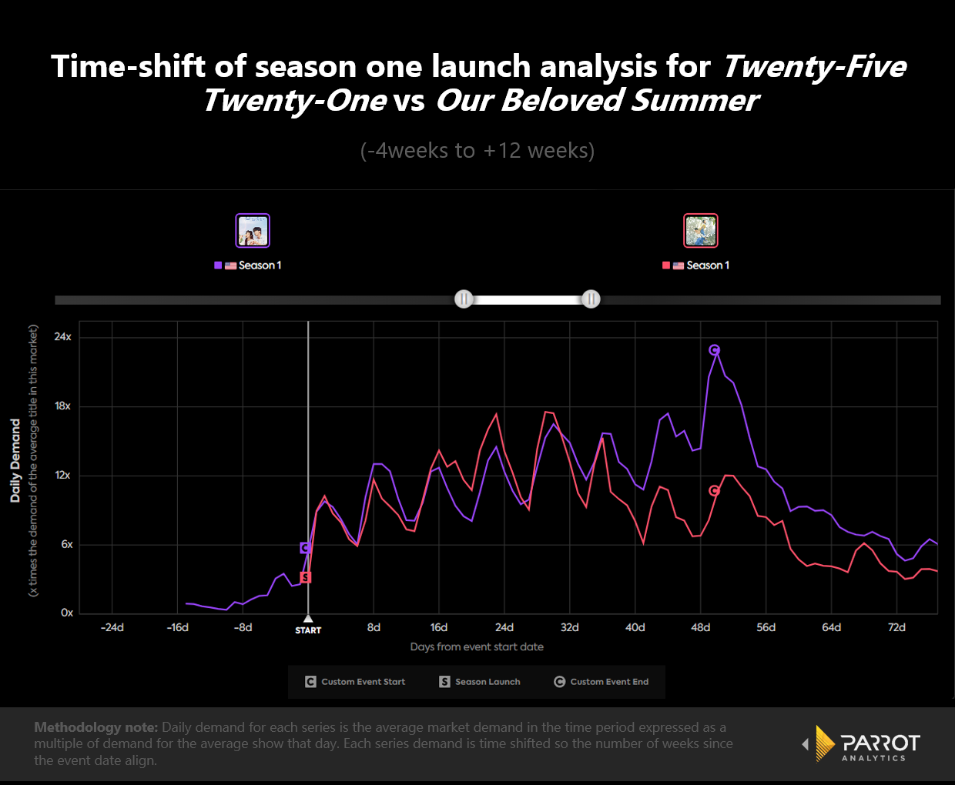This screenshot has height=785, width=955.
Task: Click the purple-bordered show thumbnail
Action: [x=253, y=231]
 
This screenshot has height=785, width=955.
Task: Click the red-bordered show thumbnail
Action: [x=701, y=231]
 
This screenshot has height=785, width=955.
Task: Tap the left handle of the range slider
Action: [x=464, y=299]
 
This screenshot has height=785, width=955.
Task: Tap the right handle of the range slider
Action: [x=591, y=299]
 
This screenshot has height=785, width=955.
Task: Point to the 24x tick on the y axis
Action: [x=63, y=337]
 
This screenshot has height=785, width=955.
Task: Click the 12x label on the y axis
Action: [x=63, y=476]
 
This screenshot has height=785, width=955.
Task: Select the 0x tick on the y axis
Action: [x=67, y=613]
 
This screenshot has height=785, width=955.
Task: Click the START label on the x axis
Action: [x=308, y=630]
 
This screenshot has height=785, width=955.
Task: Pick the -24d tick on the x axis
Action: [x=112, y=628]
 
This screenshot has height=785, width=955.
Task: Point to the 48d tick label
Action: [x=701, y=628]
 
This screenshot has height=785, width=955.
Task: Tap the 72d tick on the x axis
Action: [x=897, y=628]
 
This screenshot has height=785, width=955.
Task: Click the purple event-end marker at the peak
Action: [x=715, y=350]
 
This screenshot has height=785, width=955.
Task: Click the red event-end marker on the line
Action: [x=715, y=491]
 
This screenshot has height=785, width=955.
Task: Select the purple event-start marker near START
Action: [x=306, y=548]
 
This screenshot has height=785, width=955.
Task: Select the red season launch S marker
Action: [x=306, y=577]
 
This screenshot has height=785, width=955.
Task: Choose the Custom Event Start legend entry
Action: [x=355, y=682]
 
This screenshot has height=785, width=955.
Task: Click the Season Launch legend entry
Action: [x=480, y=682]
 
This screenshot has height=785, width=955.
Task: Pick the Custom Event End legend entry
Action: [x=601, y=682]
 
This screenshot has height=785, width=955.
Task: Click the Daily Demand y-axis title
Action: [x=15, y=460]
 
